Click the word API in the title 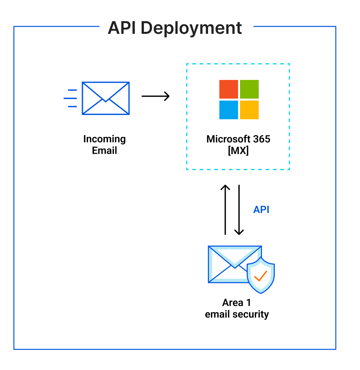(122, 28)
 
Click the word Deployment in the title (191, 28)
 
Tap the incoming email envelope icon (106, 98)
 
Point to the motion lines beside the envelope (71, 98)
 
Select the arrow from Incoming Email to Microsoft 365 (155, 96)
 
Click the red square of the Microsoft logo (229, 89)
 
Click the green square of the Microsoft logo (249, 89)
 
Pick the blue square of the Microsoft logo (229, 110)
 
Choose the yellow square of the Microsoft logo (249, 110)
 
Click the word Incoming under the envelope (105, 139)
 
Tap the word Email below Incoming (105, 151)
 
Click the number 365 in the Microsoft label (262, 139)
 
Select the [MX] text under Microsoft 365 (238, 151)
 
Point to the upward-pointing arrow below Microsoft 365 (225, 209)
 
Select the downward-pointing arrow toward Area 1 (239, 209)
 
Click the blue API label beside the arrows (261, 209)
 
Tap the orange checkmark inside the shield (260, 276)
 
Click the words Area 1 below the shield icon (236, 303)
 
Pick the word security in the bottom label (251, 314)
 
